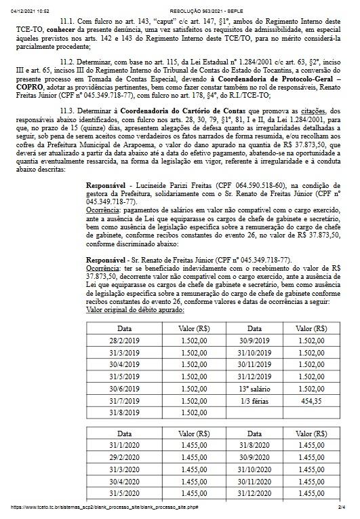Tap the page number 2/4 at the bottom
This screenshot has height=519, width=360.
click(342, 507)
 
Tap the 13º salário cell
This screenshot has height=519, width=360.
click(253, 386)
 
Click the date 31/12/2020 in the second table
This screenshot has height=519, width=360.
click(253, 493)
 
